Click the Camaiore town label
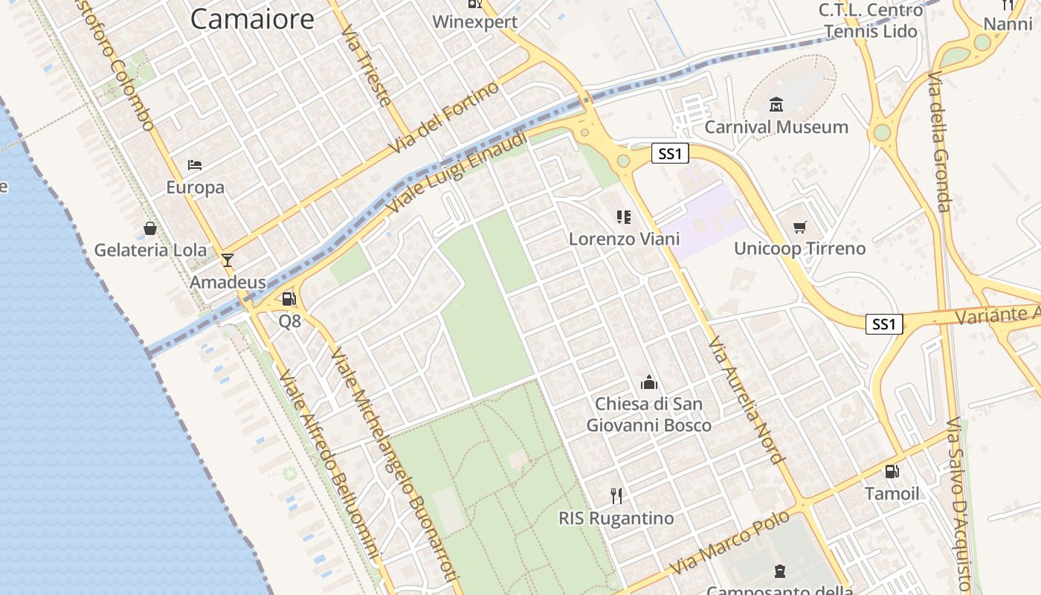[x=252, y=19]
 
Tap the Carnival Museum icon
[x=776, y=104]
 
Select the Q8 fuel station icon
[x=289, y=299]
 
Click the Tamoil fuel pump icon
[x=892, y=471]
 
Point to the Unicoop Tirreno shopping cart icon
[x=799, y=227]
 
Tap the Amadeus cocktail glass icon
[x=228, y=260]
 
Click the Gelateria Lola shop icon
[x=150, y=228]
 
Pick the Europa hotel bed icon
[x=195, y=164]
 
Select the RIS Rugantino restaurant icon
[x=616, y=495]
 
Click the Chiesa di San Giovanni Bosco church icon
[x=649, y=382]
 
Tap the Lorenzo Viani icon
[x=624, y=217]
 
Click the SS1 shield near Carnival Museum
[x=670, y=154]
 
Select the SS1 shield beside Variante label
[x=884, y=324]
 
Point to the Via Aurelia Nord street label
[x=745, y=400]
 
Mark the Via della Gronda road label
[x=940, y=141]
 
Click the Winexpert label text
[x=474, y=22]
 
